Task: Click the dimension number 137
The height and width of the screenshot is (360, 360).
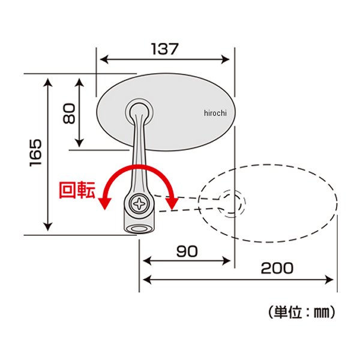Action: (164, 49)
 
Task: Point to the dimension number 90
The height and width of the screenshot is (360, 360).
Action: (187, 252)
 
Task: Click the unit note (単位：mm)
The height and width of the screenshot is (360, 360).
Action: (298, 312)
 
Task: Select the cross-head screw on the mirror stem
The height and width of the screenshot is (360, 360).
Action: (140, 203)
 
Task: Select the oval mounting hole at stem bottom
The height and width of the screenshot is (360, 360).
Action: (140, 229)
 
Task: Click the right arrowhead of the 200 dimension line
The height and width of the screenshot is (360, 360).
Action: (331, 279)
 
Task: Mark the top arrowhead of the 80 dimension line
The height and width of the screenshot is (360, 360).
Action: (79, 80)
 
